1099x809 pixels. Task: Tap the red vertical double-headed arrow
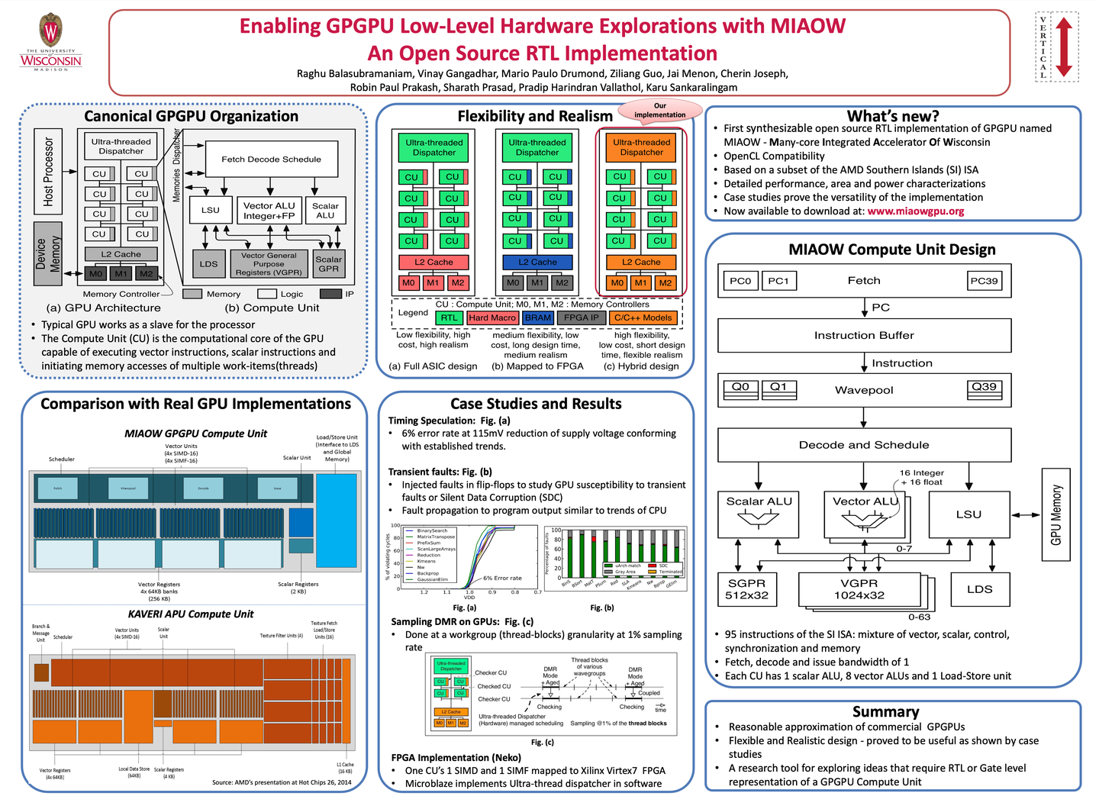1064,47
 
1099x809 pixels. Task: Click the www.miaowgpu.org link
915,211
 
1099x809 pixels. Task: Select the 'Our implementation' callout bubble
660,111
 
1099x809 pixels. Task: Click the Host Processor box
48,172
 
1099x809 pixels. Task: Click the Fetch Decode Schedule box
271,160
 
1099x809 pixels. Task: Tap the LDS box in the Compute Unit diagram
209,264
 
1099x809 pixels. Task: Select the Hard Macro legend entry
492,317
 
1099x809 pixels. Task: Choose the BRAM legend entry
538,317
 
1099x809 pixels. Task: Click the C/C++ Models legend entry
643,317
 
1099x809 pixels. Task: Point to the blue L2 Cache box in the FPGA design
538,263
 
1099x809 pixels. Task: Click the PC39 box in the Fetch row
984,281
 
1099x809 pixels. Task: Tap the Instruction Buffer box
864,335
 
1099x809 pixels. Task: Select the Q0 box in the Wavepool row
740,388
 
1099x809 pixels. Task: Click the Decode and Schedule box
864,445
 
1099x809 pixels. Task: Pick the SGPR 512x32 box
747,590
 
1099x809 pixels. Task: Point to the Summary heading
885,712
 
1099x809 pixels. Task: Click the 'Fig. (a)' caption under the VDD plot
465,608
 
